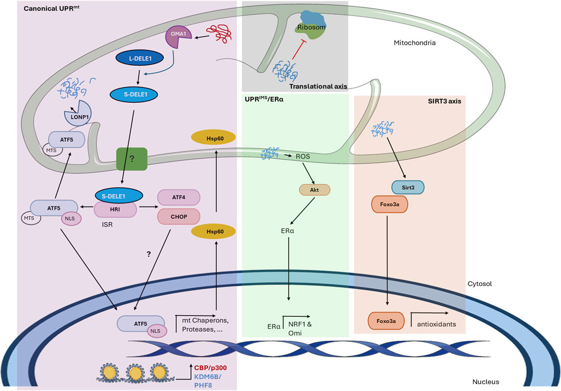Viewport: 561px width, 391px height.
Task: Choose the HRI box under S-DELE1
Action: (115, 210)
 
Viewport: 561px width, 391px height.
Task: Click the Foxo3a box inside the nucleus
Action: (388, 319)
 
